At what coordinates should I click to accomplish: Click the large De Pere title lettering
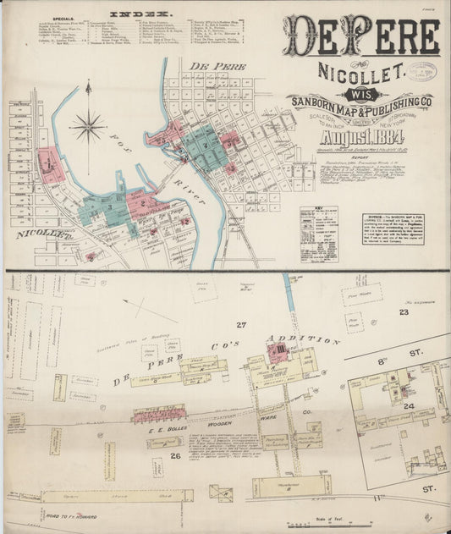pyautogui.click(x=361, y=36)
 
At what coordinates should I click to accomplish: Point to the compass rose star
pyautogui.click(x=87, y=128)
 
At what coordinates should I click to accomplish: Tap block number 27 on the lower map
pyautogui.click(x=241, y=325)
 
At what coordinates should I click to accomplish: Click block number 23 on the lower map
pyautogui.click(x=404, y=311)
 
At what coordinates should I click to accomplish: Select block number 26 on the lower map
pyautogui.click(x=176, y=456)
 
